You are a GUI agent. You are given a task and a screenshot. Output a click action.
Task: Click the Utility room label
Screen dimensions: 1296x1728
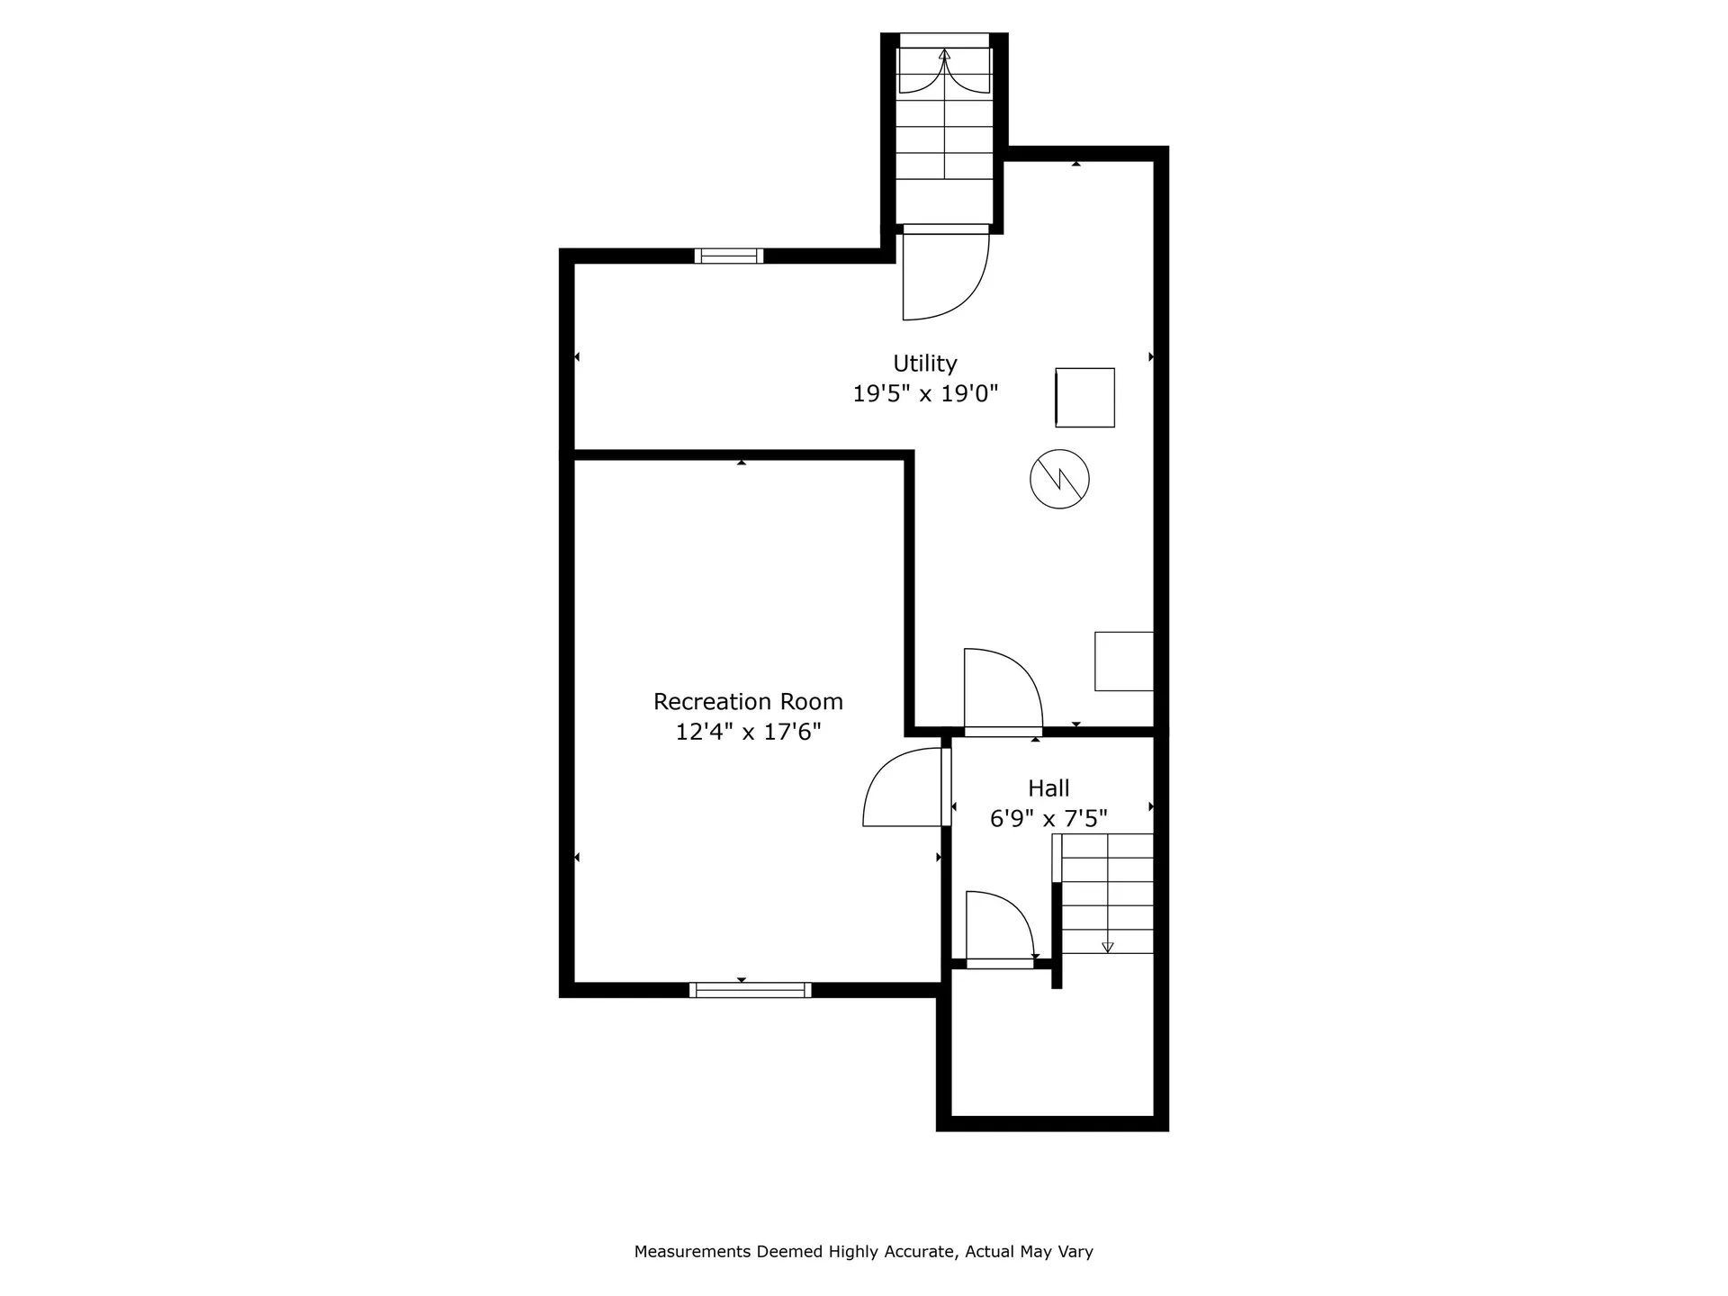click(x=924, y=364)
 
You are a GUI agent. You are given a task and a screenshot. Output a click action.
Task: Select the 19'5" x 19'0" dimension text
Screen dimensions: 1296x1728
click(x=925, y=393)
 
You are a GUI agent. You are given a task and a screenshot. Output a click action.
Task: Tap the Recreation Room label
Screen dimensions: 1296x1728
click(x=748, y=702)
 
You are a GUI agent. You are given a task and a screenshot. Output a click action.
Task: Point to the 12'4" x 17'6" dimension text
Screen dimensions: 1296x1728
click(x=748, y=732)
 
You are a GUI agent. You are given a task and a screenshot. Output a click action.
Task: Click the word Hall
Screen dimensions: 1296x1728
click(x=1048, y=788)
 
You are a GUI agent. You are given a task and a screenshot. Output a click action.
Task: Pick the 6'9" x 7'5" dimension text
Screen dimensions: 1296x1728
click(x=1048, y=819)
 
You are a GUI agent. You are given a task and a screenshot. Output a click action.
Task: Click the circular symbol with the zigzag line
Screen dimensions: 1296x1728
click(x=1059, y=479)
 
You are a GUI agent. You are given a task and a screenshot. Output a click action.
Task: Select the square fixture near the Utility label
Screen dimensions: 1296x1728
click(x=1085, y=397)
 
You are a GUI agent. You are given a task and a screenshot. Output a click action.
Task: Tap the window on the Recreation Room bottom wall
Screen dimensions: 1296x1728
click(x=750, y=990)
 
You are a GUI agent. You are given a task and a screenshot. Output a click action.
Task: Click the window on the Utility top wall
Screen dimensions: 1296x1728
click(x=729, y=256)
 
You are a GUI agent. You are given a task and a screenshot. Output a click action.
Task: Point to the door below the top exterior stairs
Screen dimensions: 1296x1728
click(x=945, y=274)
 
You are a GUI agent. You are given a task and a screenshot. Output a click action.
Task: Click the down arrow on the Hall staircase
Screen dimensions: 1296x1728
click(x=1108, y=946)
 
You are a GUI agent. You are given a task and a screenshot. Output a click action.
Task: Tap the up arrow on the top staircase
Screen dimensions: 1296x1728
click(x=944, y=55)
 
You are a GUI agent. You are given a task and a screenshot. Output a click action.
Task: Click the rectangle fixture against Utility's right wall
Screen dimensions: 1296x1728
click(x=1124, y=661)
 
